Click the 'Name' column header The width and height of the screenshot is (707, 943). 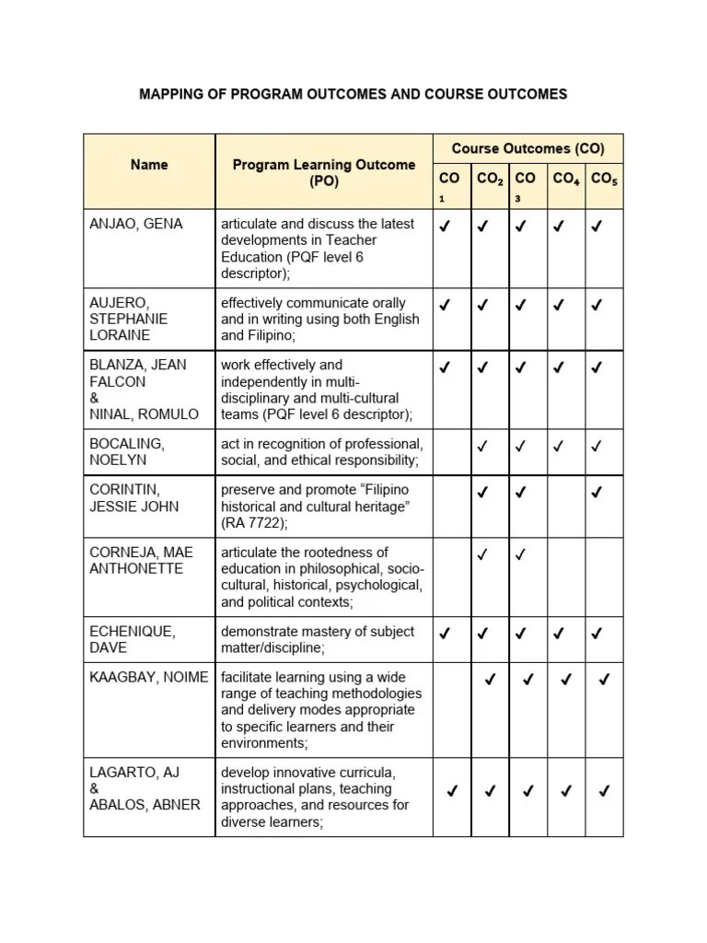149,165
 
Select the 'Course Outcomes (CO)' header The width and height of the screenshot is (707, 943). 527,148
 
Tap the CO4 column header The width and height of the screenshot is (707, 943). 566,179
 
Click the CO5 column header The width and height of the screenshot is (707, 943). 604,179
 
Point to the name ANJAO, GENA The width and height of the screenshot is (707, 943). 136,224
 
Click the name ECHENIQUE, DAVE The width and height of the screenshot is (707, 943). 133,640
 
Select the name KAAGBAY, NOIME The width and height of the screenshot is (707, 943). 149,678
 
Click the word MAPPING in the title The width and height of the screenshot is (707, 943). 172,94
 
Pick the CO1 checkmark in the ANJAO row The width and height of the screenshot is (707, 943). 446,225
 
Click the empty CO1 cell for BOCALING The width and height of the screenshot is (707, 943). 452,451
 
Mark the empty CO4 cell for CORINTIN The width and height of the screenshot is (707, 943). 566,506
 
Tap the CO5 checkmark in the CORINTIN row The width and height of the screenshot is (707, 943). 597,493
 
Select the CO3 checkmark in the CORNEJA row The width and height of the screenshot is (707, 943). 521,553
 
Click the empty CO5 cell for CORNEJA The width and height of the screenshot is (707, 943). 604,576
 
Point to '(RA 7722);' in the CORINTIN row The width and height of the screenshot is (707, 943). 254,523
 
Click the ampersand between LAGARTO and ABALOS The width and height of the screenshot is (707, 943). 94,788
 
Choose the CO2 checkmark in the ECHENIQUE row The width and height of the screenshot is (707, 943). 482,633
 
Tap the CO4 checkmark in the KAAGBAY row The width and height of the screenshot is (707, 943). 566,680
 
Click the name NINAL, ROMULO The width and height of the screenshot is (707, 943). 144,413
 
